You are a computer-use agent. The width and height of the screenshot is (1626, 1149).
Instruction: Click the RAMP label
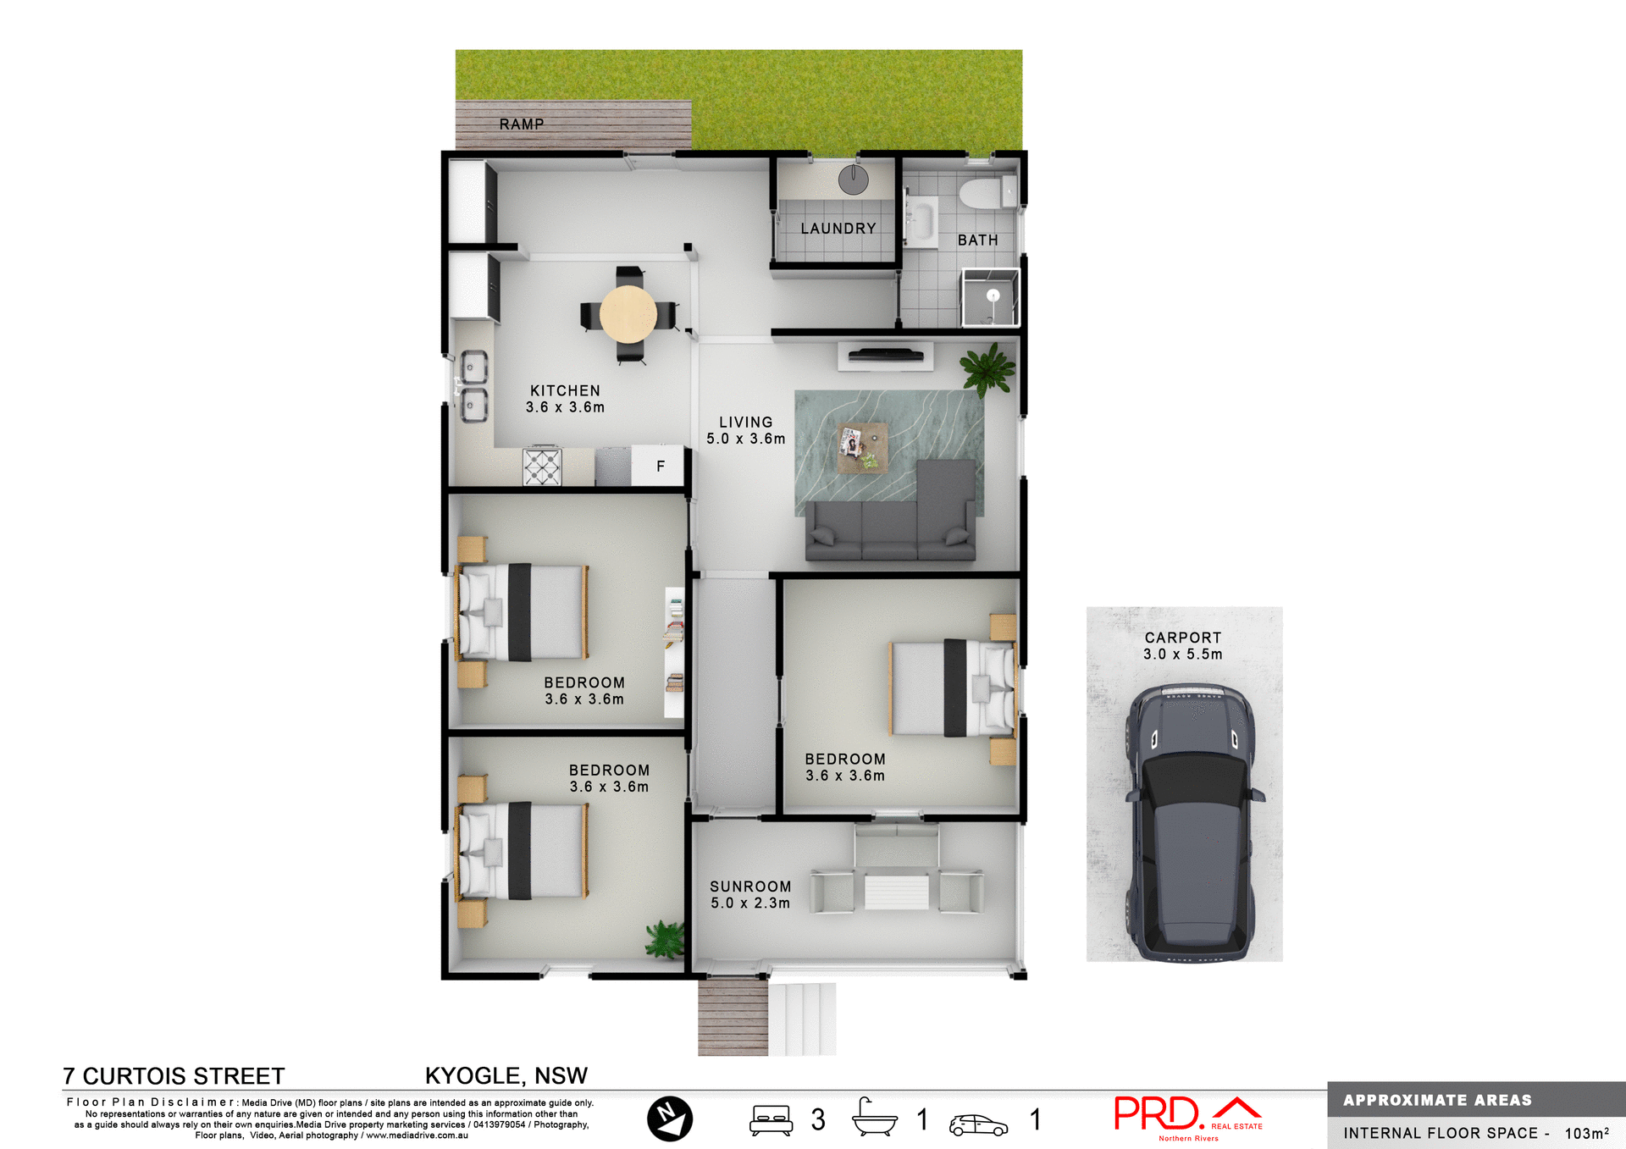[521, 124]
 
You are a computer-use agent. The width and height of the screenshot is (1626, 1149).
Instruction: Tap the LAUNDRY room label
[838, 229]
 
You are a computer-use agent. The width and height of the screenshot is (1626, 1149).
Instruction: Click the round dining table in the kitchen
[628, 313]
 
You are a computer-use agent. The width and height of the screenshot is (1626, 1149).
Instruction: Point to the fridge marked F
[660, 467]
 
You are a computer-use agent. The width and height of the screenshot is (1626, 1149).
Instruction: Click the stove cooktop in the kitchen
[542, 467]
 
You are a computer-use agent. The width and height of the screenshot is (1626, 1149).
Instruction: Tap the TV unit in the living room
[885, 355]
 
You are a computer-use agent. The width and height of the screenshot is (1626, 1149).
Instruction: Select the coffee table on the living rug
[863, 448]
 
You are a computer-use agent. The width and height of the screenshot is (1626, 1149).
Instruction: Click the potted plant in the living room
[987, 369]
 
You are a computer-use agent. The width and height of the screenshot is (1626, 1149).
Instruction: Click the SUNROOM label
[750, 887]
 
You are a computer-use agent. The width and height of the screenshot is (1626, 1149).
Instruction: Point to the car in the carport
[1188, 821]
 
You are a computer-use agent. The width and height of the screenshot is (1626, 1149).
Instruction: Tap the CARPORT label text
[1183, 638]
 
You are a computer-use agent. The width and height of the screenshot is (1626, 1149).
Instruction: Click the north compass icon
[669, 1119]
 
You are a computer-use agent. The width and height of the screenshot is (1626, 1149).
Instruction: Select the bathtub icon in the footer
[874, 1119]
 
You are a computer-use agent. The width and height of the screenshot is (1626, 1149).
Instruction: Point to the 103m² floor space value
[1586, 1133]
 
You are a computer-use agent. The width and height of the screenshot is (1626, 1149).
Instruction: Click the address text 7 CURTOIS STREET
[174, 1076]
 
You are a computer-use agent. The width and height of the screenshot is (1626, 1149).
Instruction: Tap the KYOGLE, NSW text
[506, 1075]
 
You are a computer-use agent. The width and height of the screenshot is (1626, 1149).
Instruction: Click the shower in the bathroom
[990, 297]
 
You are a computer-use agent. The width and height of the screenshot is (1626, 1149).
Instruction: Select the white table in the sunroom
[896, 892]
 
